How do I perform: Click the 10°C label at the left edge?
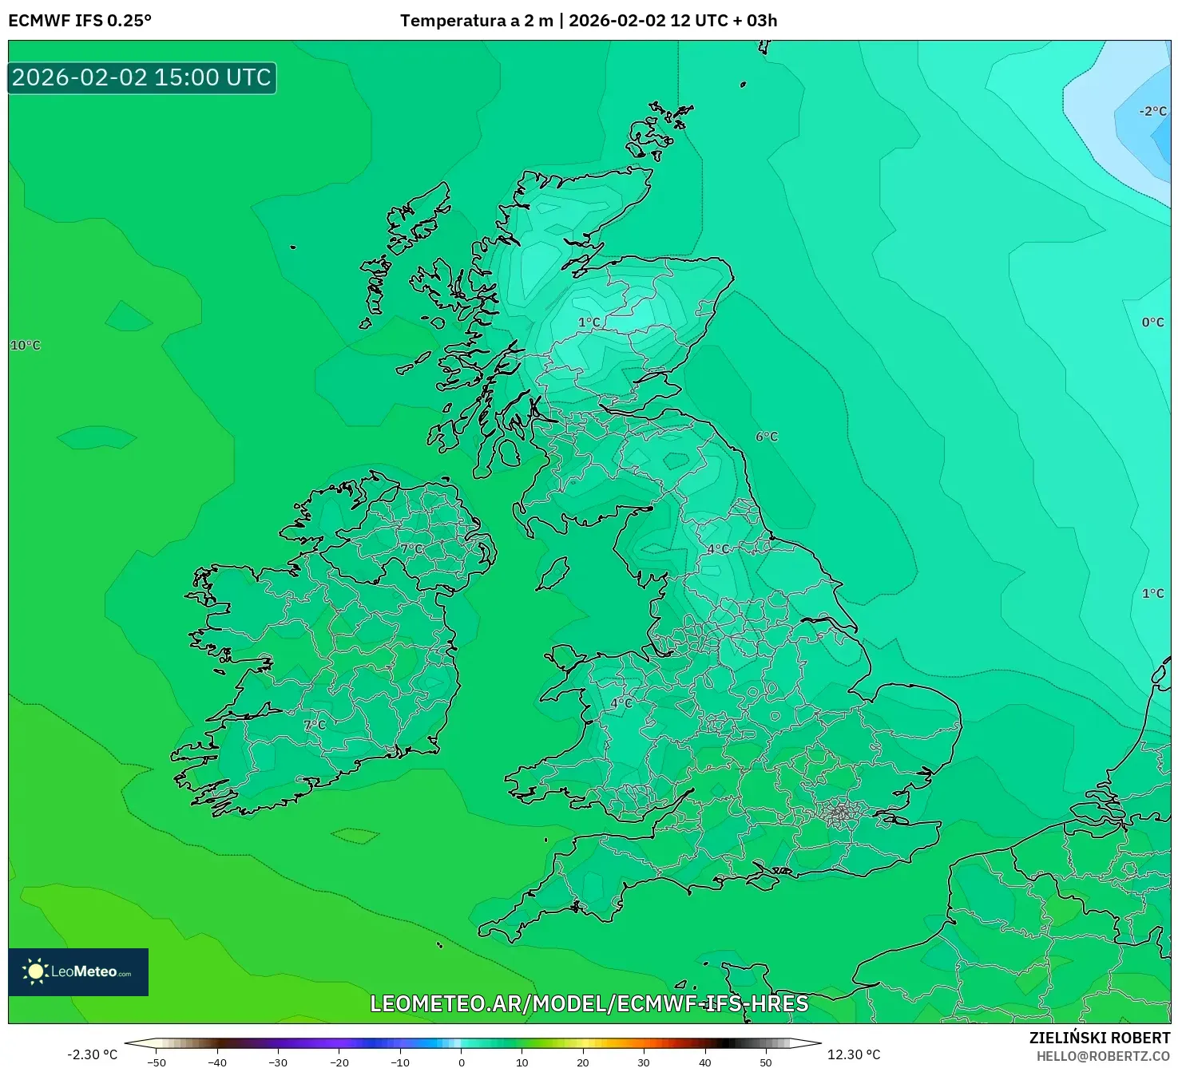(26, 346)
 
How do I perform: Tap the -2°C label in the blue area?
(1153, 112)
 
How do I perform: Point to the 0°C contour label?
(1153, 322)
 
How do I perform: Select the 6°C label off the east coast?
(767, 437)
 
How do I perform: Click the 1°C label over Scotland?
(589, 322)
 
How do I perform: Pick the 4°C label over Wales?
(621, 703)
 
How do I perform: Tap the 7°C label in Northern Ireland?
(412, 549)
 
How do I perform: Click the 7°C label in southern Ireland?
(315, 725)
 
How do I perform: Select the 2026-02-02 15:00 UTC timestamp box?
(142, 78)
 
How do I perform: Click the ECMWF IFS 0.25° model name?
(80, 21)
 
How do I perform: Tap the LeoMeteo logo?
(78, 971)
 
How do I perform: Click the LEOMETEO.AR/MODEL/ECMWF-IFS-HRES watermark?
(589, 1003)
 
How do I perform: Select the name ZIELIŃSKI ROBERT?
(1100, 1038)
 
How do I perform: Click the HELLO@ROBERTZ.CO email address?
(1103, 1056)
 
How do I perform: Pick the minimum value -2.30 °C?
(92, 1054)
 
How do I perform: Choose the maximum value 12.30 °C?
(854, 1054)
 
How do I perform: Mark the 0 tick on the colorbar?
(462, 1062)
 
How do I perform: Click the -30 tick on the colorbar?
(278, 1062)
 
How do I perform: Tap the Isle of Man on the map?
(553, 573)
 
